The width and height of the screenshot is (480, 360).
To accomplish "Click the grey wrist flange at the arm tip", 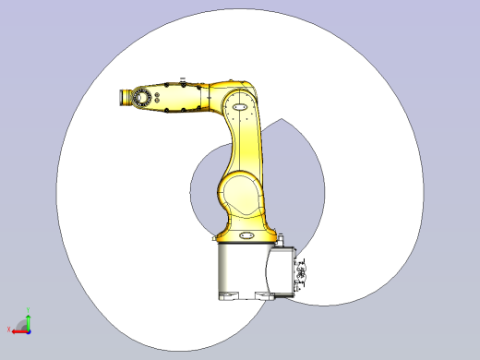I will tap(123, 97).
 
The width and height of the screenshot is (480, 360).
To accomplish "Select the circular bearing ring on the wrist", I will tap(140, 98).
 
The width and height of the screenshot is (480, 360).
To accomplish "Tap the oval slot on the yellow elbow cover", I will tap(240, 107).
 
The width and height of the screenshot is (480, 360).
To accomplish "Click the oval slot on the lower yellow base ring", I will tap(247, 236).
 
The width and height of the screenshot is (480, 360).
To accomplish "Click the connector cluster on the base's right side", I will tap(300, 273).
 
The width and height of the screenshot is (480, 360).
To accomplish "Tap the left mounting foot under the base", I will tap(228, 296).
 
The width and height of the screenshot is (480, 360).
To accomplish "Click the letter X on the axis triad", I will tap(9, 329).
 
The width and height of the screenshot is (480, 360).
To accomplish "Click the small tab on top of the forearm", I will tap(183, 78).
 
